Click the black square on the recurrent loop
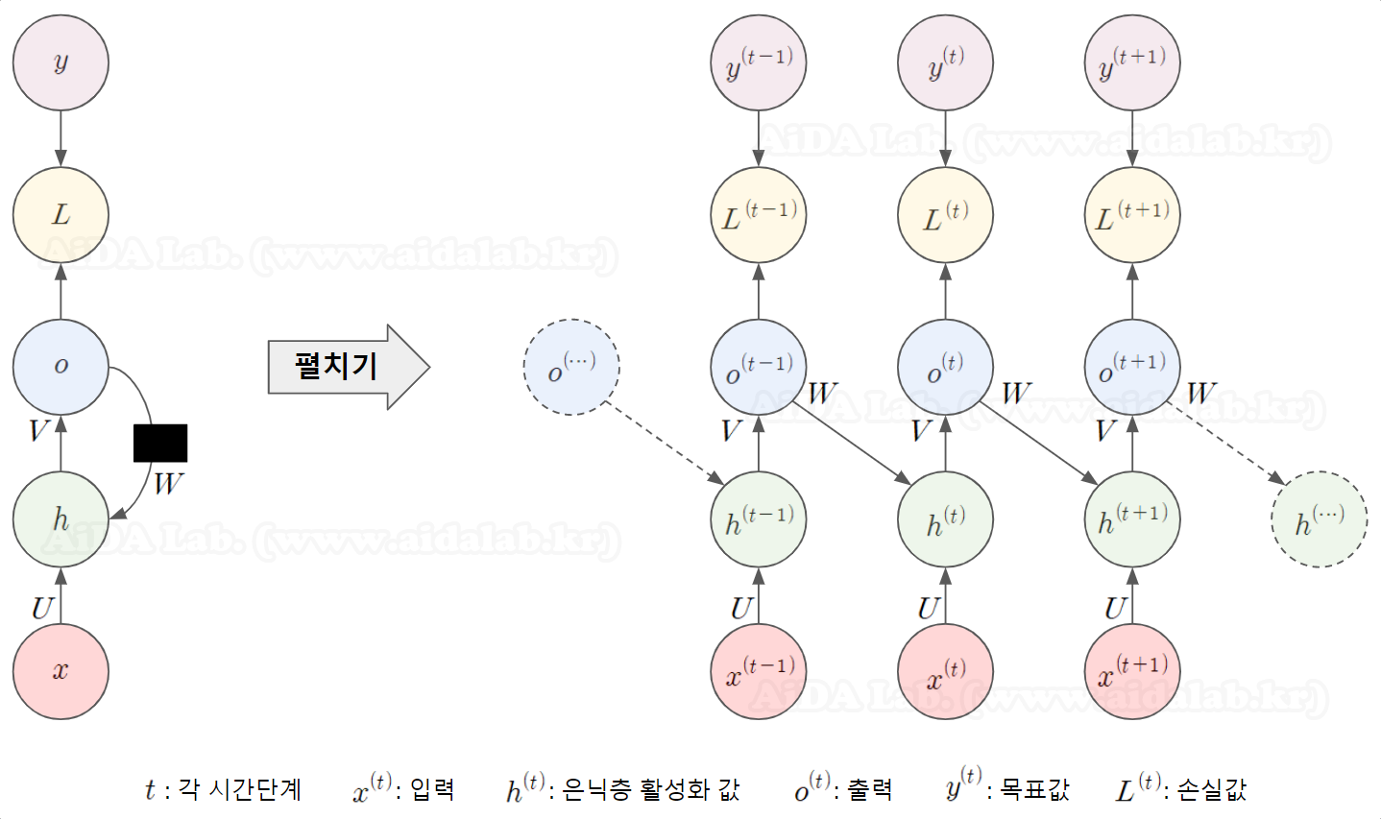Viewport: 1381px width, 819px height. click(160, 443)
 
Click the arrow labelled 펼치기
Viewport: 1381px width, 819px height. click(348, 367)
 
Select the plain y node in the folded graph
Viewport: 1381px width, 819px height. click(61, 63)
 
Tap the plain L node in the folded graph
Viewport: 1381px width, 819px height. click(61, 215)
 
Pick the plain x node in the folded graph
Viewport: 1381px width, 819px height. click(61, 671)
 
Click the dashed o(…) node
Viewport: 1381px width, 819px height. click(571, 367)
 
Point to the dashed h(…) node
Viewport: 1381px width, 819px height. click(1319, 519)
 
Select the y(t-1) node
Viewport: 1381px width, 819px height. click(759, 63)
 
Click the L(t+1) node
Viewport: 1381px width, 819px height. click(1132, 215)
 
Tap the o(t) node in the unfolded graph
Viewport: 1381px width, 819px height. click(945, 367)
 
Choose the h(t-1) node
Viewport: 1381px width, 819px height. click(759, 519)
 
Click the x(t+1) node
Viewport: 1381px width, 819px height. click(1132, 671)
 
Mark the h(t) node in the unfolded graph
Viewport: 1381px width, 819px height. click(945, 519)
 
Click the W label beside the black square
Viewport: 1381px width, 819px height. click(168, 483)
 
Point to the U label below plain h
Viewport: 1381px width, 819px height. click(41, 608)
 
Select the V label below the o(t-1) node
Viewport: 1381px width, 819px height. click(732, 430)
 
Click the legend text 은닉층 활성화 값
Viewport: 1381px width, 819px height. click(650, 789)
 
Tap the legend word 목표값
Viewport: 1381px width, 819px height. click(1034, 789)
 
